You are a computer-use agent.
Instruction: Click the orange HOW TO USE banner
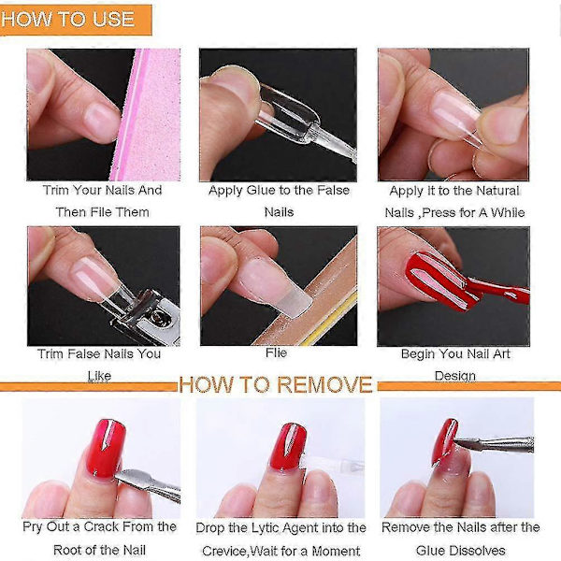(x=76, y=20)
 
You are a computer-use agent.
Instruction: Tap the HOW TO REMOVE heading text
(x=276, y=385)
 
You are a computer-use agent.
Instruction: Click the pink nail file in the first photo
(x=147, y=114)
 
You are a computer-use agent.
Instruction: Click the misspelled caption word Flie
(x=276, y=352)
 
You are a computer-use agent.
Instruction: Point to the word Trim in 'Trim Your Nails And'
(x=56, y=190)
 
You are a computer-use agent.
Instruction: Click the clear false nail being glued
(x=286, y=113)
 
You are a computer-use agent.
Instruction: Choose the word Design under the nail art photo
(x=455, y=376)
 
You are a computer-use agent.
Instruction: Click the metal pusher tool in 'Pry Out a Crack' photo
(x=148, y=483)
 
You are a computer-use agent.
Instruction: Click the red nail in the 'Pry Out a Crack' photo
(x=106, y=449)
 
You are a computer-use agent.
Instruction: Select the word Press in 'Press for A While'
(x=439, y=213)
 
